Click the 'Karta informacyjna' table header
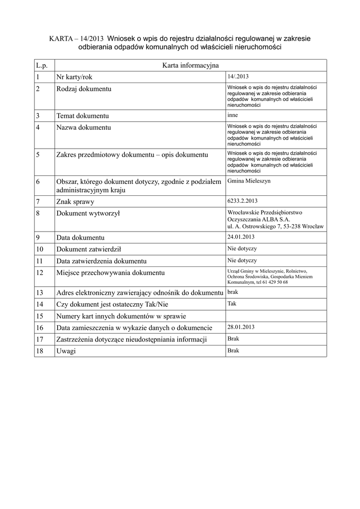click(190, 65)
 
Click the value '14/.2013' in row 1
click(238, 77)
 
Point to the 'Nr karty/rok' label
click(74, 77)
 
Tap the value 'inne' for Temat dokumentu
click(232, 115)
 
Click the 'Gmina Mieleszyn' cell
click(249, 181)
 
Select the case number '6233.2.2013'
click(242, 201)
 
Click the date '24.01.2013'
click(241, 237)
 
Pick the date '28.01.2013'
click(241, 327)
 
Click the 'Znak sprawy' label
click(75, 202)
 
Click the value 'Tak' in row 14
click(232, 303)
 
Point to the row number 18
click(40, 351)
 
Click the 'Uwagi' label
click(67, 351)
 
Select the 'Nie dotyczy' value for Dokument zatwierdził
click(242, 249)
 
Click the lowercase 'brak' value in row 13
click(233, 292)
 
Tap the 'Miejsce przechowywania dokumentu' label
click(110, 273)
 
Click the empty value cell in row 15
click(275, 316)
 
